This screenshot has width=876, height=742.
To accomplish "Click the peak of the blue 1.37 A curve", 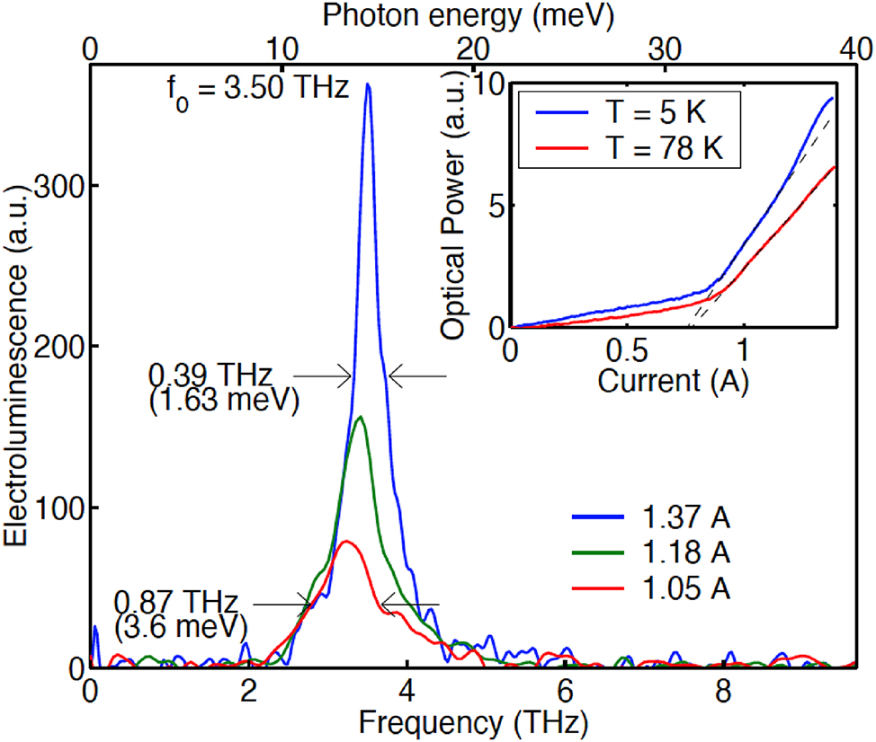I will click(367, 84).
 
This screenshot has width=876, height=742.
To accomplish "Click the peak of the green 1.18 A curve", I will click(361, 417).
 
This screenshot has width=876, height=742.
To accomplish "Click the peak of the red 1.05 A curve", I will click(347, 541).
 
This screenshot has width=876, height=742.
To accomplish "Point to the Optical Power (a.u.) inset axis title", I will click(454, 208).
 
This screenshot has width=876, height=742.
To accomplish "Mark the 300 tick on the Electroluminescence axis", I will click(59, 185).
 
